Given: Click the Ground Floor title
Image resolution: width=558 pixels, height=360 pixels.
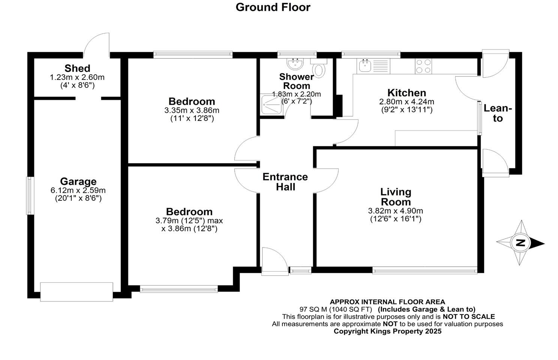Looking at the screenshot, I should pos(273,7).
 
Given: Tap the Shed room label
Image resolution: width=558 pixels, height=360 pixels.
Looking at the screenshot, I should pos(77,68).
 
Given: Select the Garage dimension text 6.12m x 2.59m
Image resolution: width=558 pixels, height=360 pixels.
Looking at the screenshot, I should pos(78,190).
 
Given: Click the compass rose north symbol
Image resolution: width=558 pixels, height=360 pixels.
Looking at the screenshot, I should pos(520,243).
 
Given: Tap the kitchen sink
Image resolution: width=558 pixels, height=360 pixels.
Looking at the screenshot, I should pos(364,66).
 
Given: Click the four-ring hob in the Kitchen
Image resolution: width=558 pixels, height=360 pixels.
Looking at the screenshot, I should pos(423,66).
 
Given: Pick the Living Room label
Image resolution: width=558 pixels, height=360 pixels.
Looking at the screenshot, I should pos(396,197).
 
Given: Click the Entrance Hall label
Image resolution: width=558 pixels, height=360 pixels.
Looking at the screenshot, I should pos(285,182).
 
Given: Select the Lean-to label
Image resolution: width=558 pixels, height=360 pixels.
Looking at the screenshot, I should pos(498,113).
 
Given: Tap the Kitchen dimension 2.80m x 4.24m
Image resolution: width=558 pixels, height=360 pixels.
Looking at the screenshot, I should pos(406,102).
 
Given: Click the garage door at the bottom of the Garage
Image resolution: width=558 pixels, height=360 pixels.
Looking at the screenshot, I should pos(76,292).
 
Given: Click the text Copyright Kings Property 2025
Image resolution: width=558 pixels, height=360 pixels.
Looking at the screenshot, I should pos(387,331).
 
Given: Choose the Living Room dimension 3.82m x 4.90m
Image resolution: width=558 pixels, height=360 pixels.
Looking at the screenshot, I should pos(396,211).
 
